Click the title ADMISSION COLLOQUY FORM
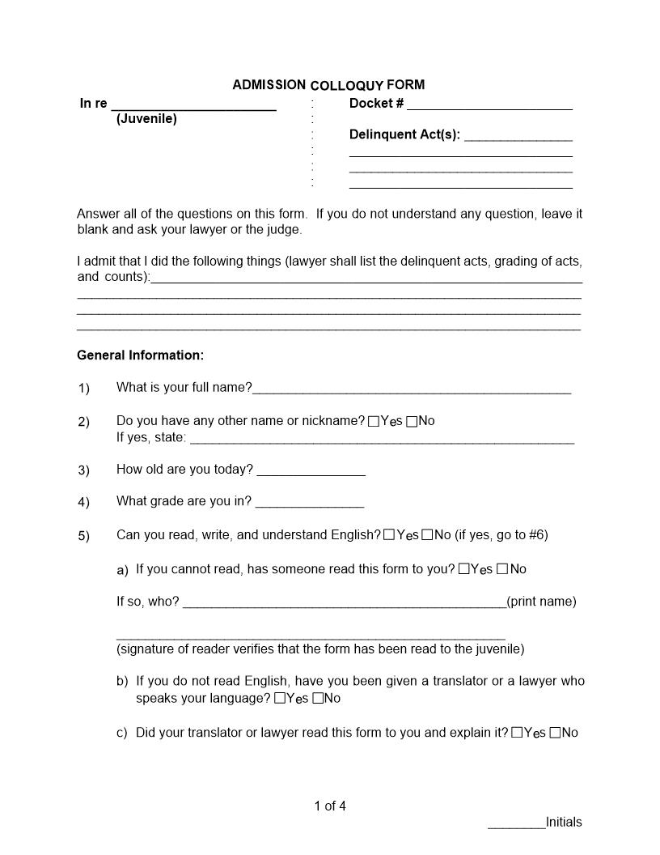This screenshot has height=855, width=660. (x=328, y=85)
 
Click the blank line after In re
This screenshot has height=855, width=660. (x=193, y=105)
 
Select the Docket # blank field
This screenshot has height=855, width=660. (x=489, y=105)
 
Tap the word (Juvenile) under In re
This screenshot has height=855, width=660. (x=146, y=119)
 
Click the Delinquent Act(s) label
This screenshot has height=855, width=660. (x=404, y=134)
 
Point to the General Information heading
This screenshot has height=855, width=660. (x=140, y=355)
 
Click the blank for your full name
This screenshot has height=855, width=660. (x=412, y=389)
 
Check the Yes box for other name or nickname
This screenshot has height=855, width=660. (x=373, y=421)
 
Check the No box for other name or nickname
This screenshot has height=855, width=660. (x=412, y=421)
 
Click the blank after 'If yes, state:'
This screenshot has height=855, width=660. (x=382, y=439)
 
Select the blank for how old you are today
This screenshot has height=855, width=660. (x=311, y=471)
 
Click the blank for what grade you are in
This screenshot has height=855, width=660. (x=309, y=503)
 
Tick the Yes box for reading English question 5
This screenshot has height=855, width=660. (x=389, y=535)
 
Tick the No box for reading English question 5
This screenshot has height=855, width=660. (x=427, y=535)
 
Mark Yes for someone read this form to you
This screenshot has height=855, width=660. (x=463, y=569)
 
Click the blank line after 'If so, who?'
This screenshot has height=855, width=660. (x=344, y=603)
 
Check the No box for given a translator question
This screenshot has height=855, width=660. (x=318, y=698)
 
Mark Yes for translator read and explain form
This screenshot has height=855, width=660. (x=517, y=733)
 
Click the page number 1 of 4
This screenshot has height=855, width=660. (x=330, y=806)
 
